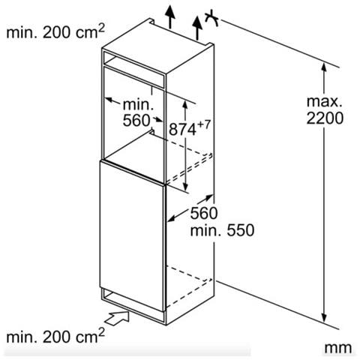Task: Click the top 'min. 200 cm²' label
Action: tap(55, 31)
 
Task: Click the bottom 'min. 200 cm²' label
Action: tap(55, 336)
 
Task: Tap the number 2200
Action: tap(325, 118)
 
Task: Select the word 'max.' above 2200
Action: tap(324, 102)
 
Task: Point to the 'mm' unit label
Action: tap(338, 348)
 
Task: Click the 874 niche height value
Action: tap(182, 130)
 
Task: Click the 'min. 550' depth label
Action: tap(222, 230)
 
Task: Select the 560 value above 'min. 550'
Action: tap(204, 213)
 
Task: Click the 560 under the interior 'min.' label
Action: tap(136, 121)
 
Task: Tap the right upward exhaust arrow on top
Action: tap(197, 28)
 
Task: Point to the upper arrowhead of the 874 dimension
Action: tap(185, 104)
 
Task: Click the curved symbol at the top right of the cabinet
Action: tap(212, 18)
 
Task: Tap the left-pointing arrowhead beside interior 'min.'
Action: tap(109, 100)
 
